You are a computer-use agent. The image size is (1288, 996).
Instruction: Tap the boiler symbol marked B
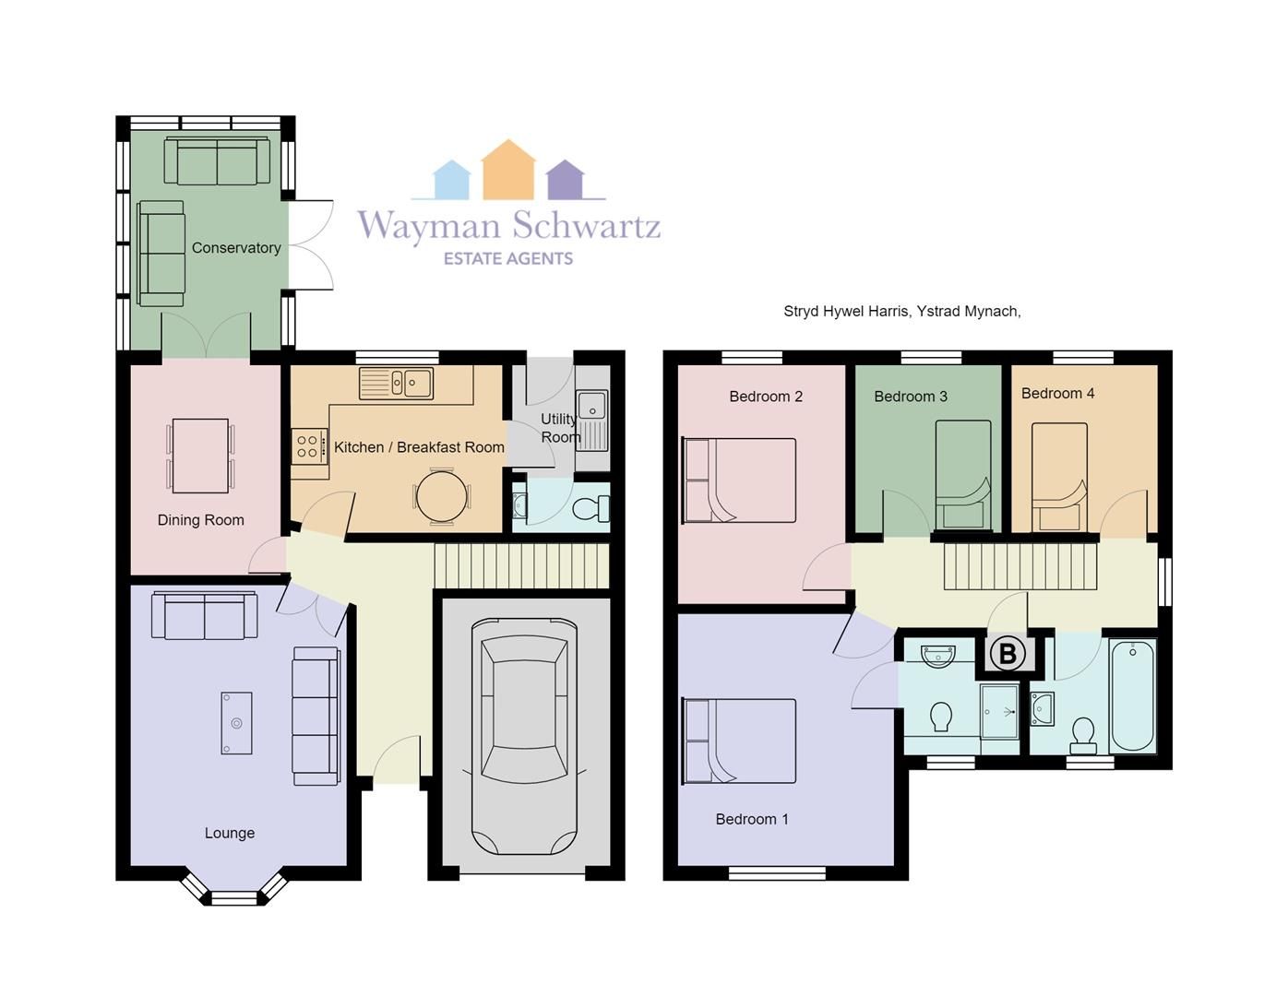[x=1008, y=654]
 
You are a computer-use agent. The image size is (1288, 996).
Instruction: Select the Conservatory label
[x=236, y=248]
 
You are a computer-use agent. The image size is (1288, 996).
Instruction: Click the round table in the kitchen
[x=443, y=496]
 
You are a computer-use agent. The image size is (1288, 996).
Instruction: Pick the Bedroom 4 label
[x=1057, y=394]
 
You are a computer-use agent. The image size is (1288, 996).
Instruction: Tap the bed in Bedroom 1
[x=739, y=741]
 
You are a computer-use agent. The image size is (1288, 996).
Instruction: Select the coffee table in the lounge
[x=236, y=723]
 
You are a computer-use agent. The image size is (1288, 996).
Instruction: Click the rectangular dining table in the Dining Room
[x=200, y=456]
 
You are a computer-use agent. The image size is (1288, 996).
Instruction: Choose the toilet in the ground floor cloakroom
[x=590, y=508]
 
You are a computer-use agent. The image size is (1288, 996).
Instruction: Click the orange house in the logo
[x=508, y=171]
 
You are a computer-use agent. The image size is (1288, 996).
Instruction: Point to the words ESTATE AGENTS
[x=508, y=259]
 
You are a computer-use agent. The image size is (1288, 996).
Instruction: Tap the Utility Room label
[x=559, y=428]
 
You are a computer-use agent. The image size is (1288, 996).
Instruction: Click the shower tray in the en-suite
[x=998, y=711]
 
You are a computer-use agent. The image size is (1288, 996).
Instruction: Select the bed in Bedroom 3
[x=963, y=476]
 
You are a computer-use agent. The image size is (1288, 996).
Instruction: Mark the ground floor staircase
[x=521, y=564]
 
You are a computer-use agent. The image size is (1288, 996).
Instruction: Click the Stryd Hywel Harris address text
[x=901, y=312]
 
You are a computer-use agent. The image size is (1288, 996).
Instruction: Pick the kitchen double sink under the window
[x=397, y=382]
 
